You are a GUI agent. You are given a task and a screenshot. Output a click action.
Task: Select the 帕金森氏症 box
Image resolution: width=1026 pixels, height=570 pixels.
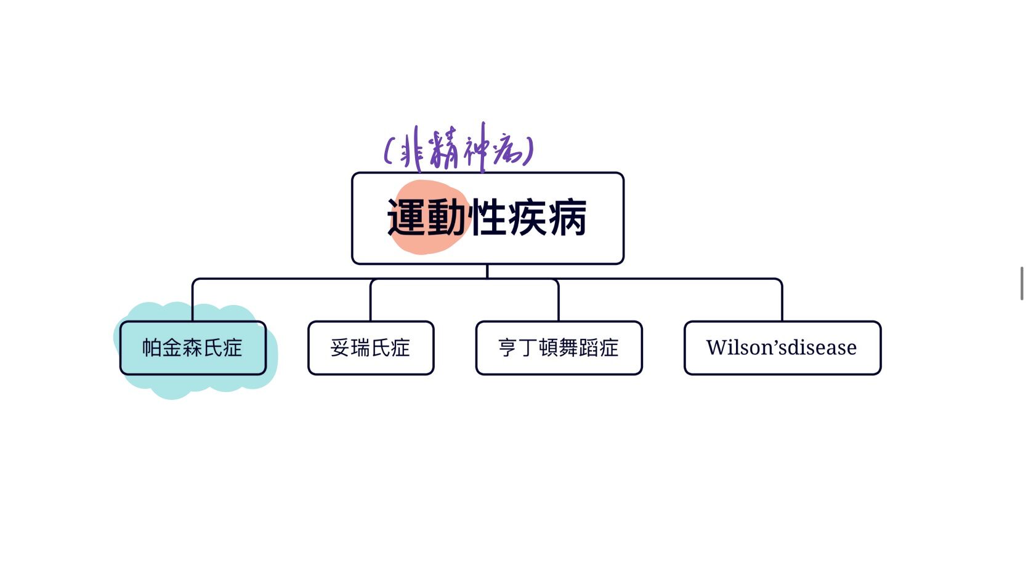tap(193, 348)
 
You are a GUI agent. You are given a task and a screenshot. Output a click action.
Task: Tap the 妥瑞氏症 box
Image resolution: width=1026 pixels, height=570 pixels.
tap(371, 348)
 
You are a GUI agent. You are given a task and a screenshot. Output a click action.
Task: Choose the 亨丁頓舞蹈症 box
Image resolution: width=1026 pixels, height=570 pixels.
tap(559, 348)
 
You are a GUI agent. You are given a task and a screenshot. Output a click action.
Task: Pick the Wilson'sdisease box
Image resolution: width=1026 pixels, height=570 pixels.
tap(782, 348)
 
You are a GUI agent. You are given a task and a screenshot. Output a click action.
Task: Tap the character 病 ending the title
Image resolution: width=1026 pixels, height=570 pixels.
tap(567, 218)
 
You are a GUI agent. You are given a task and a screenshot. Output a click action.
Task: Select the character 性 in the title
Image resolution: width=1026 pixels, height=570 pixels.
tap(487, 218)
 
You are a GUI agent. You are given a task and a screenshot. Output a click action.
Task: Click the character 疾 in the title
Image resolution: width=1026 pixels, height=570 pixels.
tap(527, 218)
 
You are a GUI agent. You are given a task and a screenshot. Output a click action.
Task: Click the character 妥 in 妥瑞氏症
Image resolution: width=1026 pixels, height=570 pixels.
tap(340, 348)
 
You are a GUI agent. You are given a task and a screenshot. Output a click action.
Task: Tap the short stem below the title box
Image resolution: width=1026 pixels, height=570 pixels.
tap(487, 271)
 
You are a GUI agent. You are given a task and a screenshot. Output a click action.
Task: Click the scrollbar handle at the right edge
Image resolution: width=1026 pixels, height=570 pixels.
tap(1022, 283)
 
